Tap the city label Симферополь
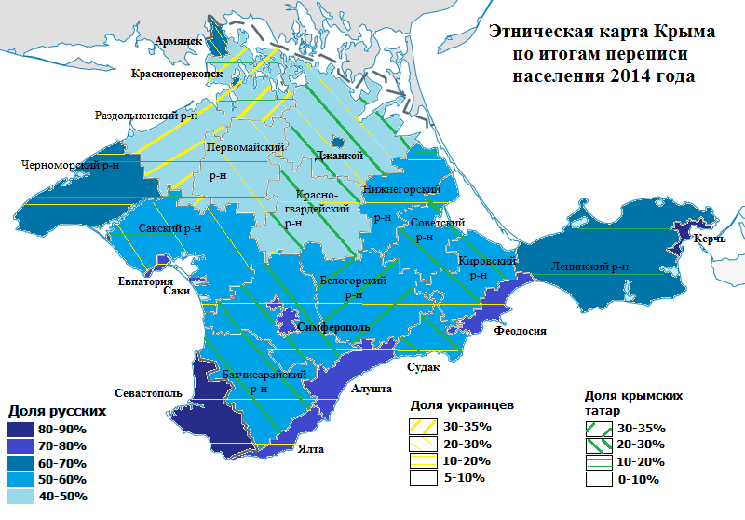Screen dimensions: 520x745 [334, 327]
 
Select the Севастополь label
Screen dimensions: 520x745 [147, 393]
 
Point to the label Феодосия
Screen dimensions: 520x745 [520, 330]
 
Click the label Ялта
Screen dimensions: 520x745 [311, 449]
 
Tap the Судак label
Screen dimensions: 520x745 [423, 366]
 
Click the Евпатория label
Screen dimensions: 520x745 [146, 281]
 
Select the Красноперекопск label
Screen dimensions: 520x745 [176, 73]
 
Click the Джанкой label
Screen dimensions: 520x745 [339, 156]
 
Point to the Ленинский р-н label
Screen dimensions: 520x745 [589, 267]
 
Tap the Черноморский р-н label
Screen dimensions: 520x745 [71, 165]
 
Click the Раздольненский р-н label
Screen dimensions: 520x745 [147, 116]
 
